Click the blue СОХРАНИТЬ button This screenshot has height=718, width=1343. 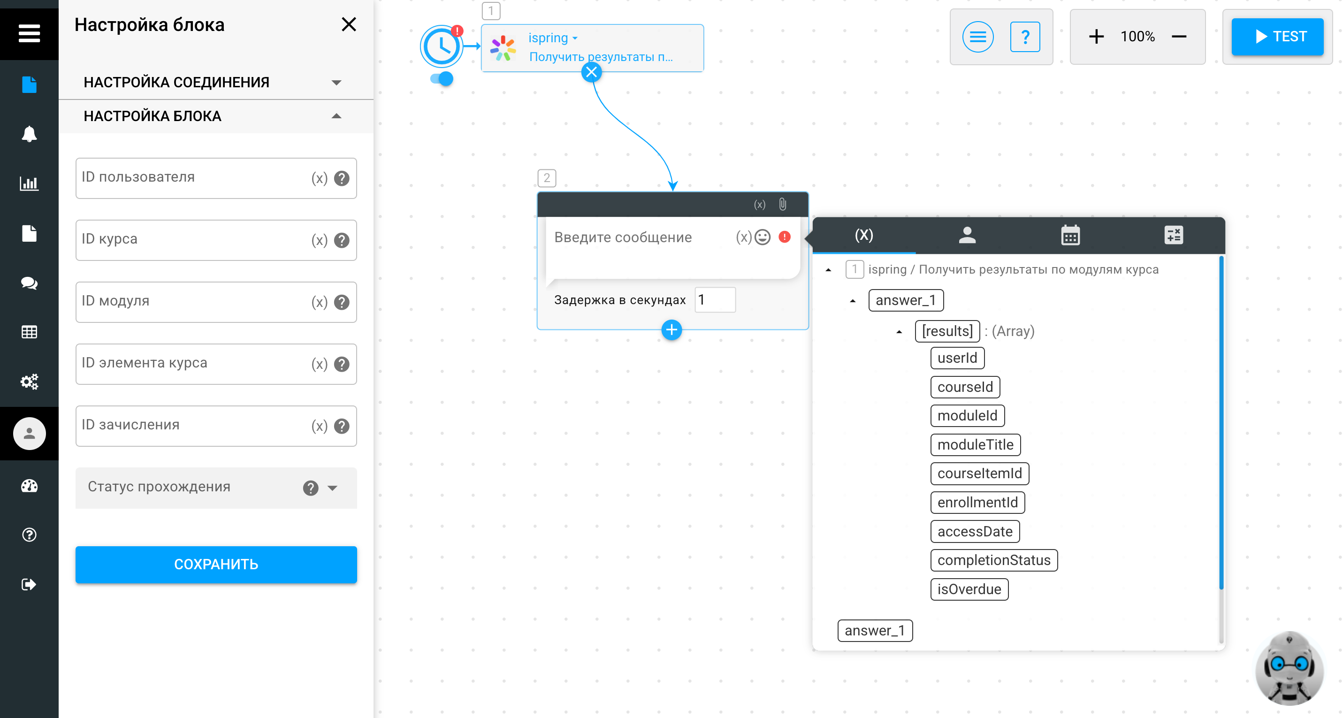pos(216,564)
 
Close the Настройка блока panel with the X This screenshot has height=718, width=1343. pos(349,24)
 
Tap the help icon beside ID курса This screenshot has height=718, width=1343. pos(342,240)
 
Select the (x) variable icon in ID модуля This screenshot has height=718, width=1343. pos(319,302)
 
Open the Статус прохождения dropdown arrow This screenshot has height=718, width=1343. pos(333,488)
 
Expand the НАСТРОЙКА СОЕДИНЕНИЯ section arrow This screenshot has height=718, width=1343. pos(336,83)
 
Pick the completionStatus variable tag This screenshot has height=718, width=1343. pos(994,560)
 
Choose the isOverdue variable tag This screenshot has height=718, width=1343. pos(969,589)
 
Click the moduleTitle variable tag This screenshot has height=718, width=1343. pos(976,445)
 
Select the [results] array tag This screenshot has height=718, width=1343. pos(947,331)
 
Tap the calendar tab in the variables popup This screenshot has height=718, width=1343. pos(1070,235)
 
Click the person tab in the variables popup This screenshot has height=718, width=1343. pos(967,235)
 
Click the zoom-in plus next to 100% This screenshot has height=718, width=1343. pos(1096,37)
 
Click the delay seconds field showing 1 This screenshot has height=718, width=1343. pos(715,300)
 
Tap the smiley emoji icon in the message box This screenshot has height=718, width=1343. pos(762,237)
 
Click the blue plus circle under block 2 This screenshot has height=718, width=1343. pos(671,330)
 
